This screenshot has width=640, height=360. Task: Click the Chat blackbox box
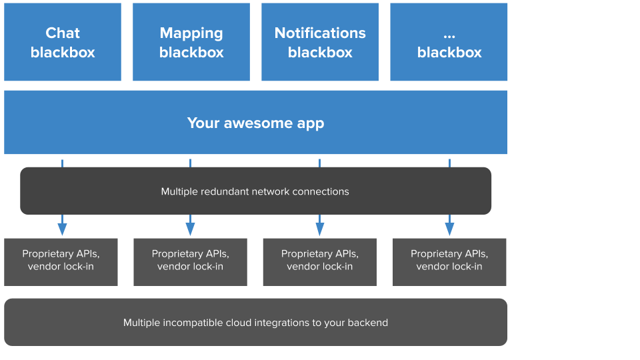[63, 42]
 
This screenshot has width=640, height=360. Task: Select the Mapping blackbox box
[191, 42]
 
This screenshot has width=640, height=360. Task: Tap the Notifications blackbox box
[320, 42]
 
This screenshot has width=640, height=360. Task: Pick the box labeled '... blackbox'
[449, 42]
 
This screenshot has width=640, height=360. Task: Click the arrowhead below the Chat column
[62, 228]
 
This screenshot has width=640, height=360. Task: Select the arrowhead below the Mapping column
[190, 228]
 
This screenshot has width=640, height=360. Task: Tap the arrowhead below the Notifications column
[319, 228]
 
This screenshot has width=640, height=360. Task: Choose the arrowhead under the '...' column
[449, 228]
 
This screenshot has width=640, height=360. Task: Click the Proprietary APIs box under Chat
[61, 262]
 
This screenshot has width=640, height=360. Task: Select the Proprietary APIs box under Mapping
[190, 262]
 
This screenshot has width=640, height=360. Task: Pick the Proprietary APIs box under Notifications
[320, 262]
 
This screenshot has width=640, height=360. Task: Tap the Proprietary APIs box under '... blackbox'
[449, 262]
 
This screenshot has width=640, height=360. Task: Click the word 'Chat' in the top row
[63, 33]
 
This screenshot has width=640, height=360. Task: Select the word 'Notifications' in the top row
[320, 33]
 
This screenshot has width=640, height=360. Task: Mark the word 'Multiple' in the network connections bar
[179, 191]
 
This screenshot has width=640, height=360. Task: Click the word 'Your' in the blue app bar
[202, 123]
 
